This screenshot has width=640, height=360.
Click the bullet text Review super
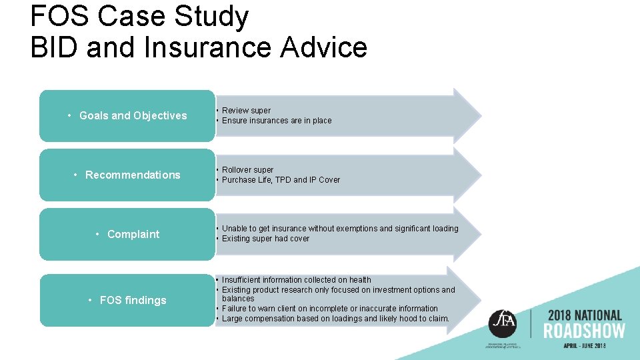coord(246,111)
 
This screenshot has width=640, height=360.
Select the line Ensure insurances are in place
coord(276,121)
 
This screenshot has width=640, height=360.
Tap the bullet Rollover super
coord(247,170)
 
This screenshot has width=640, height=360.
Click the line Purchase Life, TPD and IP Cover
coord(281,180)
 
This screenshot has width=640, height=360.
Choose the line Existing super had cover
coord(265,239)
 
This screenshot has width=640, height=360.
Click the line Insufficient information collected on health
coord(296,280)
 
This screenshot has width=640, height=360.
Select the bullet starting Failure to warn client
coord(329,309)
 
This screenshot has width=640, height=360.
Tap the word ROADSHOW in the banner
coord(584,331)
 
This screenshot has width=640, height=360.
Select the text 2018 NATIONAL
coord(584,315)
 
